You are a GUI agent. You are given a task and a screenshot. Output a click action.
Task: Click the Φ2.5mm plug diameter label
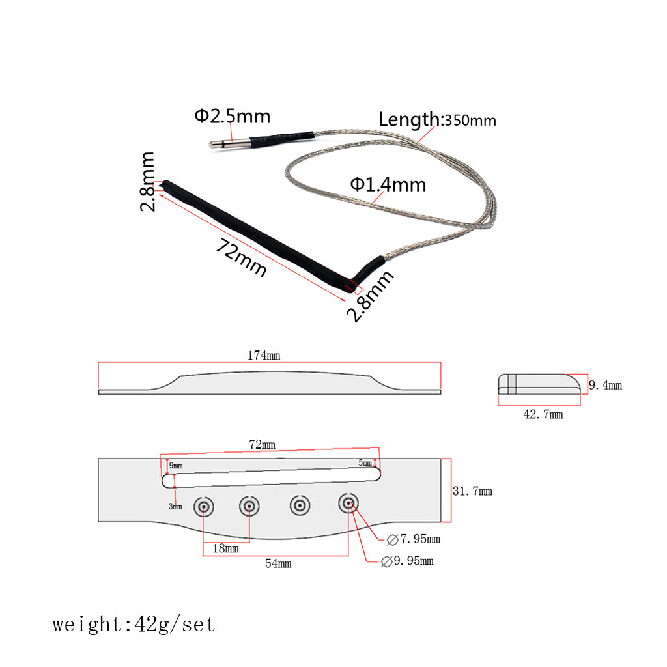[233, 116]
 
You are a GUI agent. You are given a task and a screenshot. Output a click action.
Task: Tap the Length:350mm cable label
[437, 120]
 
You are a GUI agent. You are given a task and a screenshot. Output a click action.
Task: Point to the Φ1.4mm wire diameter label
[388, 184]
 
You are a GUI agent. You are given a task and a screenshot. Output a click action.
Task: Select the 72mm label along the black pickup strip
[241, 258]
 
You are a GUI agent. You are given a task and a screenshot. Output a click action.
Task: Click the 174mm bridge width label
[264, 355]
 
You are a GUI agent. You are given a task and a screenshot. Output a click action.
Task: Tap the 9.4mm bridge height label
[605, 385]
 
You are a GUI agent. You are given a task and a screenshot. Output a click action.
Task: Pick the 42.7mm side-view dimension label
[543, 414]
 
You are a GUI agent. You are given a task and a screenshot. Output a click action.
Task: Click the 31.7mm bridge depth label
[472, 491]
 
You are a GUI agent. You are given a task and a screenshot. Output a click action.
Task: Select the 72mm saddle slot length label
[262, 444]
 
